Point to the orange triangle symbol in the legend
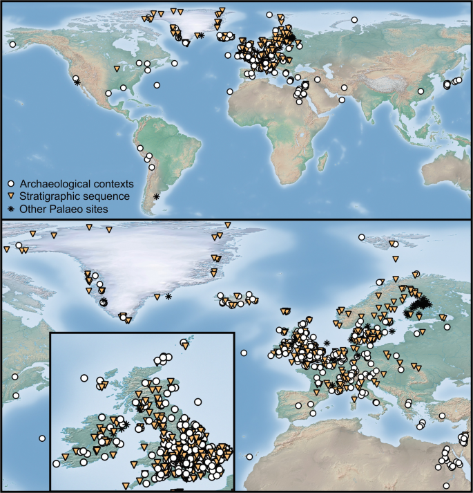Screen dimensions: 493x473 click(11, 196)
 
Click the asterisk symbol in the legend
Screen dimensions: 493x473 click(11, 208)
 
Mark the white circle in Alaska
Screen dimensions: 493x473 click(12, 44)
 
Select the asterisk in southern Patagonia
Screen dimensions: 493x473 click(157, 197)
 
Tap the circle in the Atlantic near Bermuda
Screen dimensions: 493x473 click(157, 86)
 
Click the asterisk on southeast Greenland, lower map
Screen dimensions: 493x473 click(168, 297)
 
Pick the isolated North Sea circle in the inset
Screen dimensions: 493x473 click(198, 402)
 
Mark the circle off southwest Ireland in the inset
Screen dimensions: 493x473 click(56, 463)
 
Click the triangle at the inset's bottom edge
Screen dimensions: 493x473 click(125, 485)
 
